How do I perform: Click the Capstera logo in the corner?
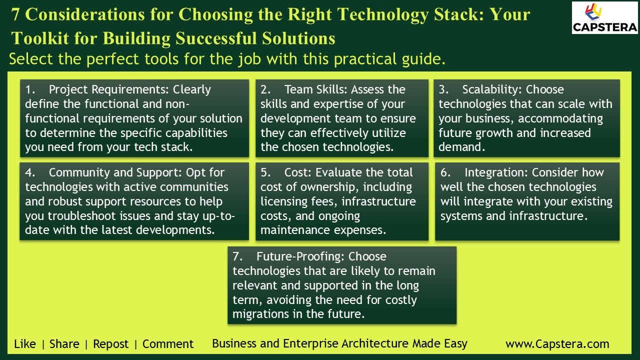(x=604, y=18)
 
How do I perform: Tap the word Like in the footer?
(x=25, y=344)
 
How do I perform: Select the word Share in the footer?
(x=64, y=344)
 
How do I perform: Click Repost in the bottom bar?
(x=111, y=344)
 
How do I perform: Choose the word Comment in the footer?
(x=168, y=344)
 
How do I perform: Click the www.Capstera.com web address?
(x=557, y=344)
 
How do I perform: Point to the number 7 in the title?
(x=15, y=15)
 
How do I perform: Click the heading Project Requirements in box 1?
(x=109, y=89)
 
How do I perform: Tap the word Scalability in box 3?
(x=492, y=89)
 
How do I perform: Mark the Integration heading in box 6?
(x=494, y=172)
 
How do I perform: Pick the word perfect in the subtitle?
(x=115, y=59)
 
